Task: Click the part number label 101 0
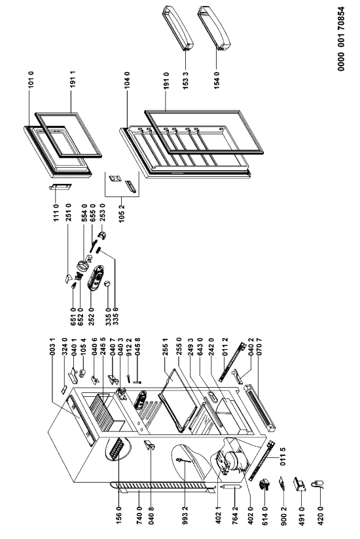[x=31, y=80]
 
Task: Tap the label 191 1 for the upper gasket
[x=73, y=80]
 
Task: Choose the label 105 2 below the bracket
[x=122, y=214]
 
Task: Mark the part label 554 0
[x=84, y=213]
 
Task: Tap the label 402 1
[x=219, y=516]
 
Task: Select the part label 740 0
[x=139, y=516]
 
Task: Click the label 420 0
[x=321, y=517]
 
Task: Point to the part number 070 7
[x=259, y=346]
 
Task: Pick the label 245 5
[x=102, y=346]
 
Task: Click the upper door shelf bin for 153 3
[x=178, y=29]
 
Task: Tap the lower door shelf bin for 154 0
[x=214, y=29]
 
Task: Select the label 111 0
[x=56, y=213]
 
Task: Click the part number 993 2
[x=185, y=516]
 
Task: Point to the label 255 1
[x=165, y=346]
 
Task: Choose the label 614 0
[x=264, y=516]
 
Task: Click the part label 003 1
[x=52, y=346]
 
